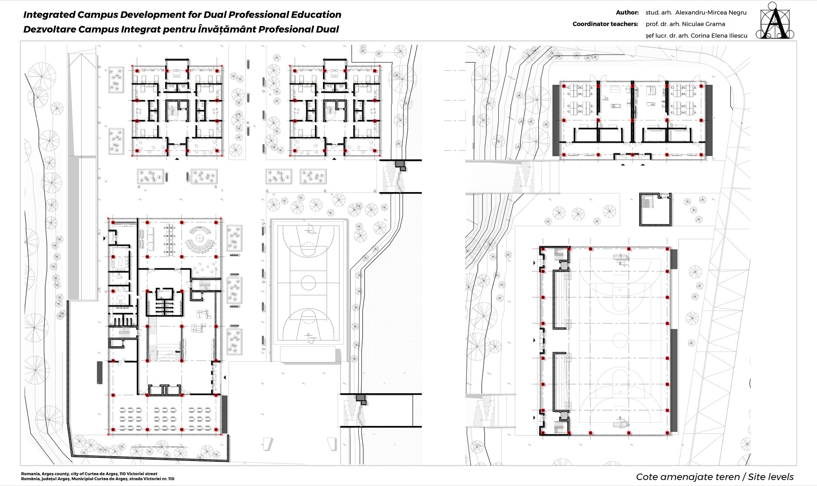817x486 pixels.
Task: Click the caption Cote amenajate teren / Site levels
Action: [715, 477]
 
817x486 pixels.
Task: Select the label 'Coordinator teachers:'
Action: [605, 24]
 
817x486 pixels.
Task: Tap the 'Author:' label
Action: [627, 13]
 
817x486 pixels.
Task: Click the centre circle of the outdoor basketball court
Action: [308, 282]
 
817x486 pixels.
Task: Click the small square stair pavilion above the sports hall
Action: [655, 209]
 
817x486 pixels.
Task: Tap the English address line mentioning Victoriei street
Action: [89, 474]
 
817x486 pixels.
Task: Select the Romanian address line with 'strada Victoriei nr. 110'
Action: [98, 479]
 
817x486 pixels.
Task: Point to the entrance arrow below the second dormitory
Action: [334, 159]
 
